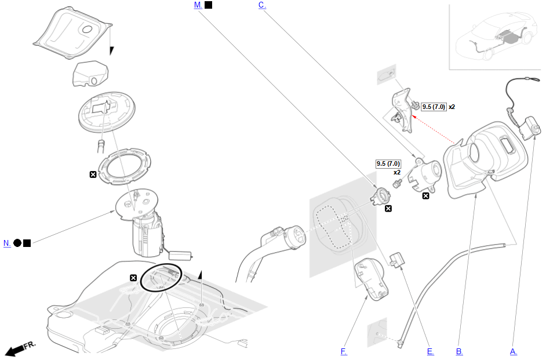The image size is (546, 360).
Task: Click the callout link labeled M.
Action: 198,5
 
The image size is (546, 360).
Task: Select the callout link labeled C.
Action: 262,5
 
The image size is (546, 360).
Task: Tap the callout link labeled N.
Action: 7,243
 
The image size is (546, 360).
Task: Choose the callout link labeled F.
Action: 344,351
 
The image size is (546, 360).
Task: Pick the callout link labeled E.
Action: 431,351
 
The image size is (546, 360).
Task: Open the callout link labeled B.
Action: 460,351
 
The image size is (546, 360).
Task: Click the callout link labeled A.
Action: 514,351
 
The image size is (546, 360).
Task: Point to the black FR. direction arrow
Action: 14,350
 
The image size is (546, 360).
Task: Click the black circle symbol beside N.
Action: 17,243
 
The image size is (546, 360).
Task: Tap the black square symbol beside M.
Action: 208,5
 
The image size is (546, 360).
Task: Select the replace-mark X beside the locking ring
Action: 93,174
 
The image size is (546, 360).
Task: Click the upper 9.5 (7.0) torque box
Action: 434,107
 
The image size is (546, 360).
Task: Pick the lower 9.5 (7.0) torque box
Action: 388,163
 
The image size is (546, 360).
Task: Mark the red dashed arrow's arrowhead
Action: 414,117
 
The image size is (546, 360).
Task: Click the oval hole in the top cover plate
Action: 87,29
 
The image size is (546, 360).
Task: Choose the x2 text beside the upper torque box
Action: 452,107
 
